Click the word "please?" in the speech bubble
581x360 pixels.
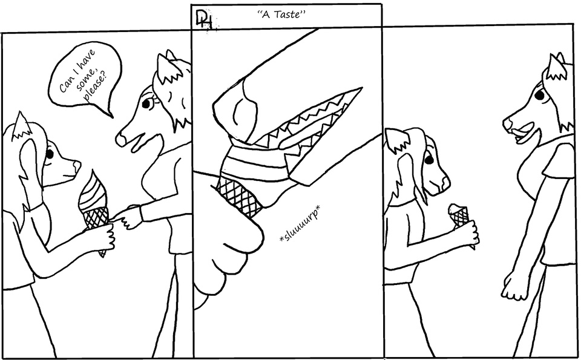click(94, 89)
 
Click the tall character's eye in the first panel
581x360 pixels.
click(146, 103)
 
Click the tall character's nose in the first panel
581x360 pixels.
click(121, 139)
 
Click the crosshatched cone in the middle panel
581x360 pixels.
click(239, 194)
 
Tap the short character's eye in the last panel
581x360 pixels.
click(428, 160)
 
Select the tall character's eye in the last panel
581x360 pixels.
click(539, 95)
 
